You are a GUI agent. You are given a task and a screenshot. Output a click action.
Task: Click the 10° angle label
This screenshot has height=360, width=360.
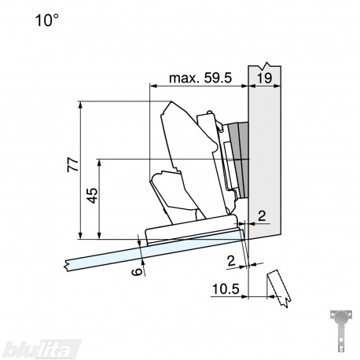coord(46,20)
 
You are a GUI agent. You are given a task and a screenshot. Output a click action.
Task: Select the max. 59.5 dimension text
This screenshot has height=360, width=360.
coord(200,78)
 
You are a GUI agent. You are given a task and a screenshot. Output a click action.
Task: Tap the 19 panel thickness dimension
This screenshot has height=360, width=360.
coord(265,79)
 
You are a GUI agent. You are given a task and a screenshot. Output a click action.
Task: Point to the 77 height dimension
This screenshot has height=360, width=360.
coord(73,164)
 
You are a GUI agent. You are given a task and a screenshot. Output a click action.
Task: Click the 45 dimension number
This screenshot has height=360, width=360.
coord(92,196)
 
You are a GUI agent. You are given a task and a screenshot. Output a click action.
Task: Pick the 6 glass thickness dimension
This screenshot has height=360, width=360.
coord(137,272)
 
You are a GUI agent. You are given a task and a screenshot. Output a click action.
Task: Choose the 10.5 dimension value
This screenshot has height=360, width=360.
coord(226,289)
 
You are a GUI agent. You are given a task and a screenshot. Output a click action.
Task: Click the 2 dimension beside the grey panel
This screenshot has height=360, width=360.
coord(262,216)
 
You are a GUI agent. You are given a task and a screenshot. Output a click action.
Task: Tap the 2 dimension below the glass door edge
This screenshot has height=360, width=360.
coord(231,261)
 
